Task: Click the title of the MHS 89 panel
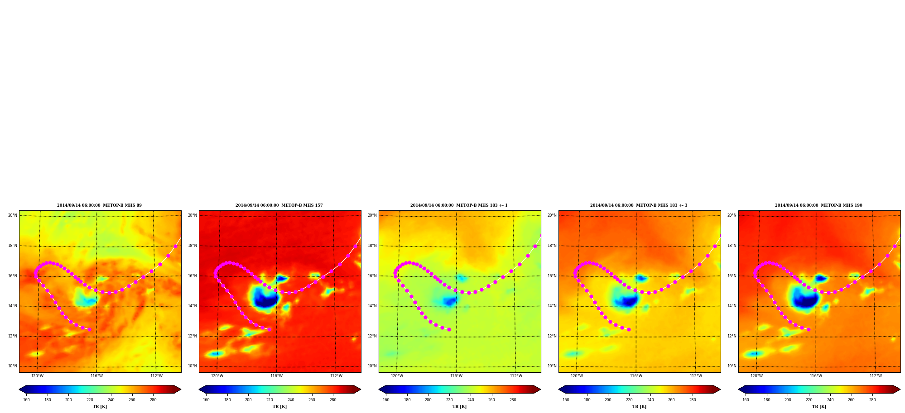pos(99,205)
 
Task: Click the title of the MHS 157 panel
pos(279,205)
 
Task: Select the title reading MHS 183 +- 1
pos(459,205)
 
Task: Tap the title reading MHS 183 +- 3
pos(639,205)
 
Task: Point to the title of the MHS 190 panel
pos(818,205)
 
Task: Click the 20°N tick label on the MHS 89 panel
pos(12,215)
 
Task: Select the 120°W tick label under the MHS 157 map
pos(217,376)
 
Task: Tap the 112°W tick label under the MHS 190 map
pos(876,376)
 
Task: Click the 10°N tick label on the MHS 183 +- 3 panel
pos(552,366)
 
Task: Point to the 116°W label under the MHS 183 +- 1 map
pos(456,376)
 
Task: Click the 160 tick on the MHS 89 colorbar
pos(26,400)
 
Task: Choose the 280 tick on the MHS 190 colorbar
pos(872,400)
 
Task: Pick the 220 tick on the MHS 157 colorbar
pos(270,400)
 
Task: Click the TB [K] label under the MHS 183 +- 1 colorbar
pos(459,407)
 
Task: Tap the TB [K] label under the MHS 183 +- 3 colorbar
pos(639,407)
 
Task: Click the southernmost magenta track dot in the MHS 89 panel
pos(89,329)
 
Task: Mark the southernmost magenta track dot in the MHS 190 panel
pos(809,329)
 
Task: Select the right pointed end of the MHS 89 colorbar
pos(181,389)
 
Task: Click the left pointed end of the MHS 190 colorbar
pos(739,389)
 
